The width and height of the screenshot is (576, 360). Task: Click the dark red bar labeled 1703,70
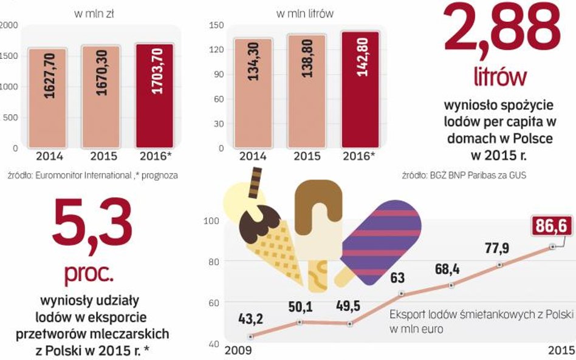pyautogui.click(x=154, y=95)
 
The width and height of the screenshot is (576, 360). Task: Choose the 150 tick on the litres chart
pyautogui.click(x=217, y=25)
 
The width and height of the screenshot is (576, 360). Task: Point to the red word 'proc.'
pyautogui.click(x=89, y=274)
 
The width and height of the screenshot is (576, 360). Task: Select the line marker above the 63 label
pyautogui.click(x=402, y=294)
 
